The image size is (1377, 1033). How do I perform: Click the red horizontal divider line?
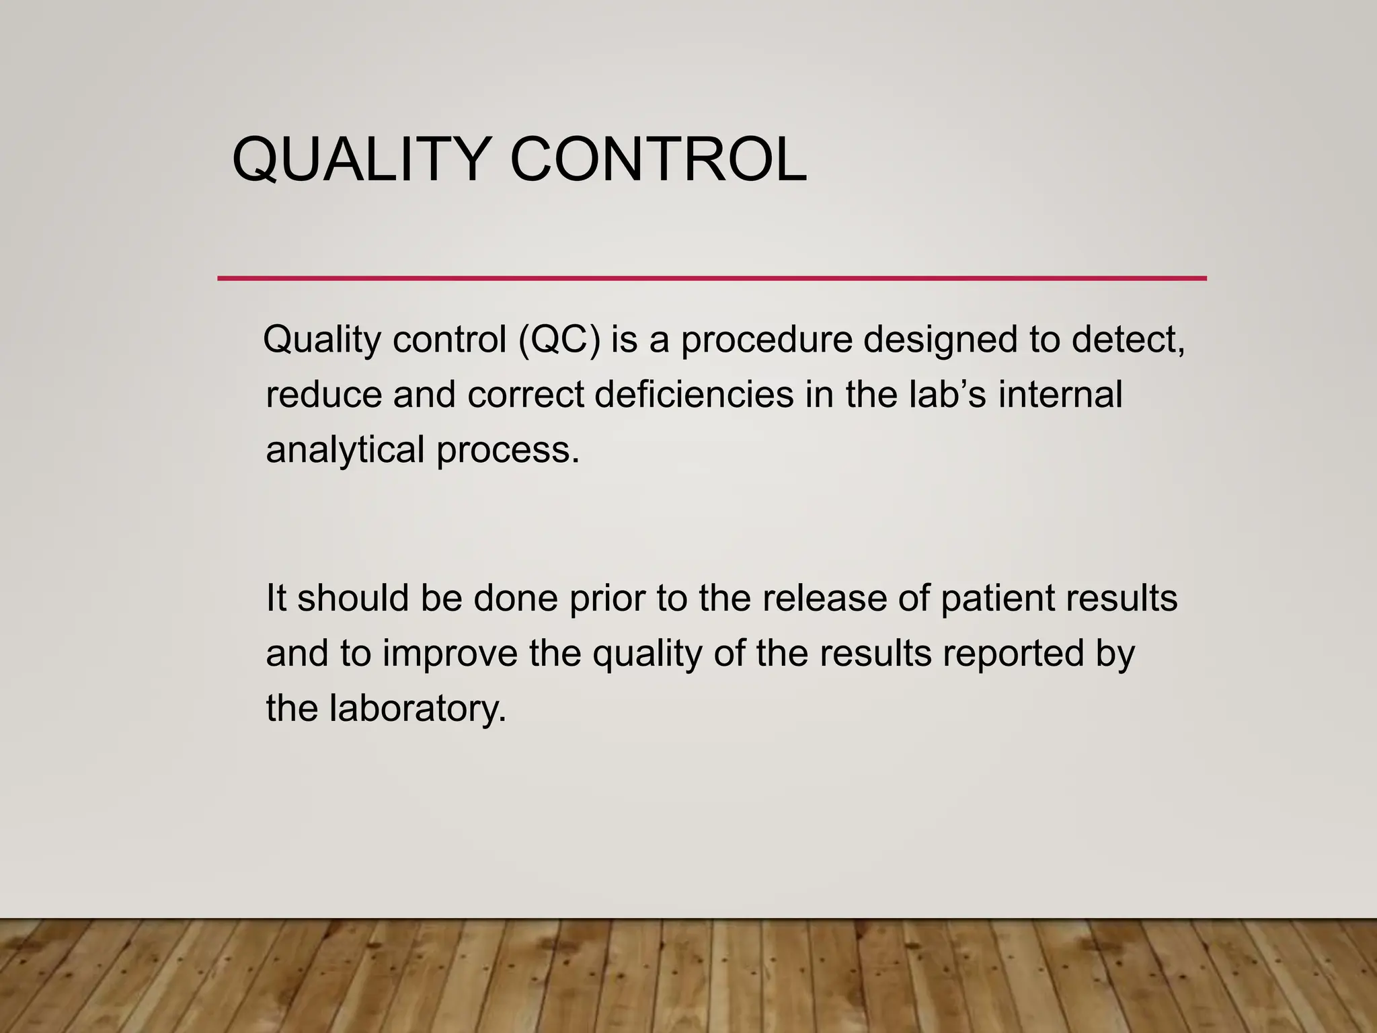pyautogui.click(x=711, y=278)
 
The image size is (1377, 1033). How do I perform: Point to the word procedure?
pyautogui.click(x=766, y=340)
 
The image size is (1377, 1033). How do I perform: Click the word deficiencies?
pyautogui.click(x=694, y=395)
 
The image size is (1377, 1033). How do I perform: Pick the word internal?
pyautogui.click(x=1060, y=395)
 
